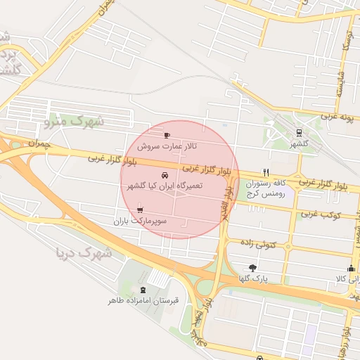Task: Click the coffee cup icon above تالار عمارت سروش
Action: point(167,135)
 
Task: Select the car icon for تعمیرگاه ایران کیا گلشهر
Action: point(165,175)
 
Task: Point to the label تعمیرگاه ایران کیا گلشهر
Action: point(165,186)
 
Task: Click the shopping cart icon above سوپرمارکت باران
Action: point(141,210)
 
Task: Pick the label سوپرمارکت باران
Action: point(141,221)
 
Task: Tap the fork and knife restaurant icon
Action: point(266,172)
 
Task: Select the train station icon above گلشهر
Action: point(300,131)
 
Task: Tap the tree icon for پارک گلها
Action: point(252,267)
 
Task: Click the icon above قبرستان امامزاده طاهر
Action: point(143,290)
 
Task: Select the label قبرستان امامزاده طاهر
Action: point(143,302)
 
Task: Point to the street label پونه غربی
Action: point(335,115)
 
